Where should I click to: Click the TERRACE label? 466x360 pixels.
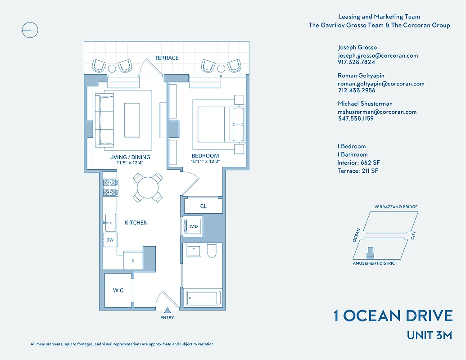tap(167, 58)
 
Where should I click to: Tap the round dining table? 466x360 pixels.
tap(148, 187)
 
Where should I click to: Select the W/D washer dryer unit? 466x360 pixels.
tap(193, 226)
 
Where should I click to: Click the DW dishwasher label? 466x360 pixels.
tap(110, 240)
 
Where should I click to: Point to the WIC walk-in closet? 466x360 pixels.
tap(118, 290)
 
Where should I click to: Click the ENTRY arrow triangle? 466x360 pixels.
tap(167, 310)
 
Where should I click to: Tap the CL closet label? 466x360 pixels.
tap(204, 207)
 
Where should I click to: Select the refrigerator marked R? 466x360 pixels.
tap(133, 261)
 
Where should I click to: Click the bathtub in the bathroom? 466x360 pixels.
tap(203, 298)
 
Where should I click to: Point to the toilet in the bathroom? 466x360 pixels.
tap(212, 251)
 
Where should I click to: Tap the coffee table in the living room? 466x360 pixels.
tap(132, 120)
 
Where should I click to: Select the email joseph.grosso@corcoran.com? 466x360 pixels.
tap(378, 56)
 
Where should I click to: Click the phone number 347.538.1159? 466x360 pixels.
tap(356, 118)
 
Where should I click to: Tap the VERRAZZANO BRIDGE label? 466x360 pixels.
tap(396, 207)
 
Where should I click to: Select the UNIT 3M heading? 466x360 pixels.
tap(429, 335)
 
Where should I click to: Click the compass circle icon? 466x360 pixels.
tap(30, 31)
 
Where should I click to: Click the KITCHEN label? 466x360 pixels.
tap(136, 223)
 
